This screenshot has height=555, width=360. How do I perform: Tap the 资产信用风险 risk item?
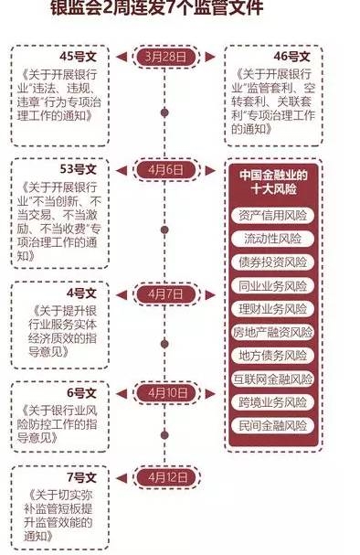[x=276, y=217]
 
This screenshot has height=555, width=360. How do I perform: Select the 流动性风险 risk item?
[x=276, y=240]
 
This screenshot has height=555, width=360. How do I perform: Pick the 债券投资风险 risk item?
[x=276, y=262]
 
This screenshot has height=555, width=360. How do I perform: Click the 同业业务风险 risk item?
[x=276, y=285]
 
